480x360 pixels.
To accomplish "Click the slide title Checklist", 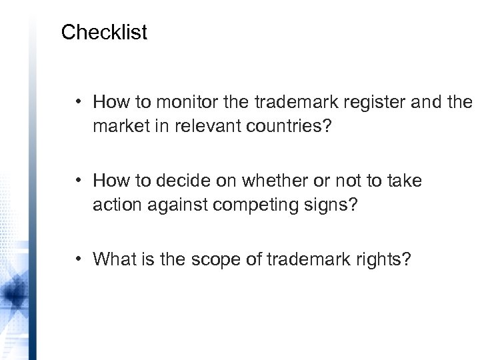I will coord(103,33).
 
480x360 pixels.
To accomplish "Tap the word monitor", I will coord(179,103).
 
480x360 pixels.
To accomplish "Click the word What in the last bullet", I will coord(114,259).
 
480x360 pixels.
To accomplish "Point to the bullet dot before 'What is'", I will coord(79,259).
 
